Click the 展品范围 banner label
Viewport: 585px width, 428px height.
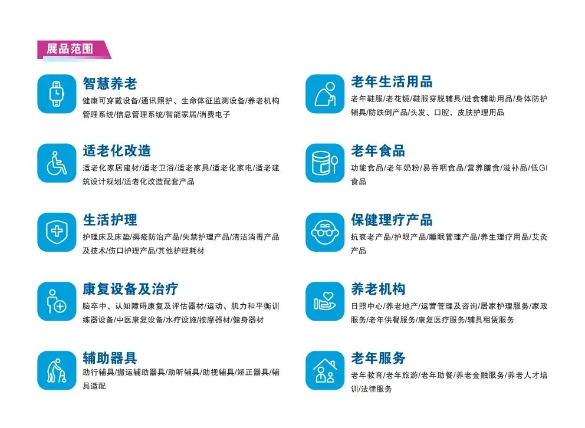pos(70,48)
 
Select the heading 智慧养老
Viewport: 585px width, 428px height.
pos(110,83)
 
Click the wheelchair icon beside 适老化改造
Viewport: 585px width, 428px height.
pos(57,163)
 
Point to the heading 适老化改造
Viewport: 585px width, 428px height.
pos(117,152)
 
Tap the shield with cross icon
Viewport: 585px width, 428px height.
pos(57,232)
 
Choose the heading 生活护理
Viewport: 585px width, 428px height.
pos(110,220)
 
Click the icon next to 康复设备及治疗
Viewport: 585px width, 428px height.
pos(57,301)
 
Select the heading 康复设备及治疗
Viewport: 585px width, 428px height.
pos(130,289)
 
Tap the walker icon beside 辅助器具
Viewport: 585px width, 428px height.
pos(57,370)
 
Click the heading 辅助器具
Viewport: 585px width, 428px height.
pos(110,358)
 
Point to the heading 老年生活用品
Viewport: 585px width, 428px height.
pos(392,83)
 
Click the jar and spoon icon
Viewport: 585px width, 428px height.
pos(324,163)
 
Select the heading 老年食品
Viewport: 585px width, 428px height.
pos(378,152)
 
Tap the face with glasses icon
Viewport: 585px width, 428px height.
pos(324,232)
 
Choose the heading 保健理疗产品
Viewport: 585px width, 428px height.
pos(392,220)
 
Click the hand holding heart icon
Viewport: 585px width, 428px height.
pos(324,301)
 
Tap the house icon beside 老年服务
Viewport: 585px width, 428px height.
pos(324,370)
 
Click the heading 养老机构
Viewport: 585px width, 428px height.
pos(378,289)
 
